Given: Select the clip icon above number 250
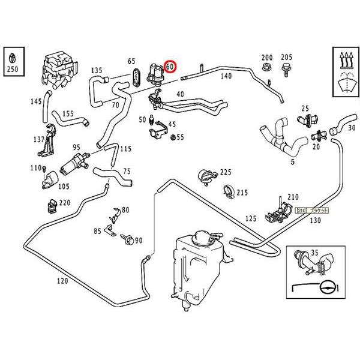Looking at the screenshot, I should (11, 58).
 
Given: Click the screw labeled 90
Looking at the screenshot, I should (128, 239).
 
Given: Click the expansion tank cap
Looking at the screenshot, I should (199, 236).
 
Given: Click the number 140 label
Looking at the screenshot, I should (226, 76).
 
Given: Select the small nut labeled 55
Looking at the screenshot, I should (173, 137).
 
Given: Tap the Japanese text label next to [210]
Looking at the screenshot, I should (320, 211).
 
